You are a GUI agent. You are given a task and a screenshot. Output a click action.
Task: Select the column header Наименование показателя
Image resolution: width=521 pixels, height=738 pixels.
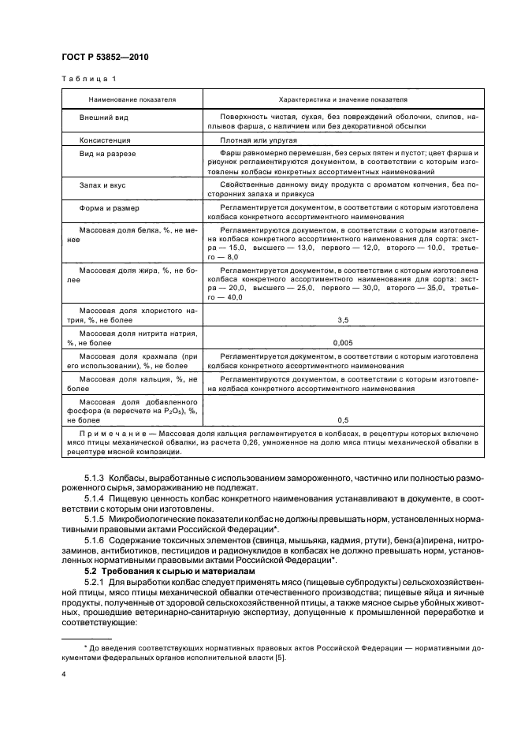pos(132,100)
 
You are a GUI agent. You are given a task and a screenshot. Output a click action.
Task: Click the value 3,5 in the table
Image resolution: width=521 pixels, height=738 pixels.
pos(342,321)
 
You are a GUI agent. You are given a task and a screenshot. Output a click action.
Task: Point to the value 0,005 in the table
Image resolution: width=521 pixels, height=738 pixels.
pos(342,343)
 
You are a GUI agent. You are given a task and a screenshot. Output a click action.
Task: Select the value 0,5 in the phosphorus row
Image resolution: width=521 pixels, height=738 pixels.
pos(342,419)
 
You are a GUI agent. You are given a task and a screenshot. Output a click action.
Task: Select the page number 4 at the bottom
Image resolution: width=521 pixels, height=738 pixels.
pos(64,674)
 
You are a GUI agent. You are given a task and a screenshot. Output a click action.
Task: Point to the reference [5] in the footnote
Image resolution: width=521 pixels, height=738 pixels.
pos(281,658)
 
